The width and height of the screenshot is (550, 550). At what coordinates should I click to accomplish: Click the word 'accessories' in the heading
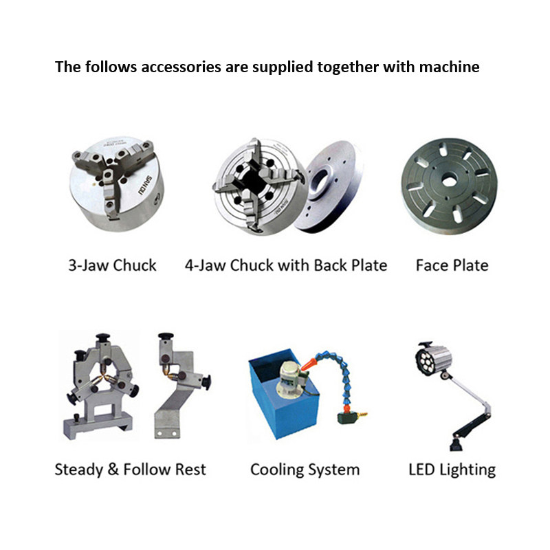[181, 67]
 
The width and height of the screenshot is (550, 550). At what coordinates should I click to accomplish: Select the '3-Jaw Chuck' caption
[112, 265]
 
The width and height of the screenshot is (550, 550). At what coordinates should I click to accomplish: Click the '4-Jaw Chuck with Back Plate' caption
[286, 265]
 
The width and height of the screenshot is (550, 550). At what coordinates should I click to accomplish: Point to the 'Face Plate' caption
[452, 265]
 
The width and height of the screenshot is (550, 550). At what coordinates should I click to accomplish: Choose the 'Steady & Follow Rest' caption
[131, 470]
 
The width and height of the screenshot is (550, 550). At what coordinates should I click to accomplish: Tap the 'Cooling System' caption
[305, 470]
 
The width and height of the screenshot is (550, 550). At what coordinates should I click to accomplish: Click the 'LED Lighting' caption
[452, 470]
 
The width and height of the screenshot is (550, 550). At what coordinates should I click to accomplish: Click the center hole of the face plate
[448, 181]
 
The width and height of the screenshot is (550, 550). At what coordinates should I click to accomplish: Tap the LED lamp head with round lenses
[433, 360]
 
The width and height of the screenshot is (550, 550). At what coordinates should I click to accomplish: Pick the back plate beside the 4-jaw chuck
[333, 186]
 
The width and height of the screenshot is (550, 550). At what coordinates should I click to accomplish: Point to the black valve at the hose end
[348, 418]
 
